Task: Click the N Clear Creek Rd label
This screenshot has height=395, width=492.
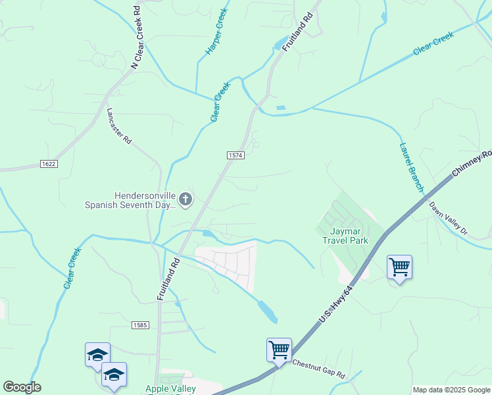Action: (x=136, y=39)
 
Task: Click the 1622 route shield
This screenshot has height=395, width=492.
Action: (x=48, y=163)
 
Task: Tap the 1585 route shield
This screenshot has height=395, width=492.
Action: (x=140, y=325)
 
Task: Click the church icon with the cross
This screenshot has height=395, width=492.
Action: (x=185, y=199)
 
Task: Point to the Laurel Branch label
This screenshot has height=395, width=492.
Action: (x=412, y=167)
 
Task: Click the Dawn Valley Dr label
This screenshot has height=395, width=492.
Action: (x=448, y=218)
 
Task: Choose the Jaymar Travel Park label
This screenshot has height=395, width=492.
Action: (x=345, y=236)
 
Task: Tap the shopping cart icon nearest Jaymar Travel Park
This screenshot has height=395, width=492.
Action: (x=399, y=267)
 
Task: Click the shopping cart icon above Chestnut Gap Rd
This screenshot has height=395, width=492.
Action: (x=279, y=350)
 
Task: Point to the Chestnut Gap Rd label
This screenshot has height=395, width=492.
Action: (x=319, y=368)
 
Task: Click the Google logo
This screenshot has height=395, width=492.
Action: (x=22, y=387)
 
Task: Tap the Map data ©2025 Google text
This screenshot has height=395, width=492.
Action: (x=451, y=390)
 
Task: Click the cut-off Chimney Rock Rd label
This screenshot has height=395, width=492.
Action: (x=473, y=165)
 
